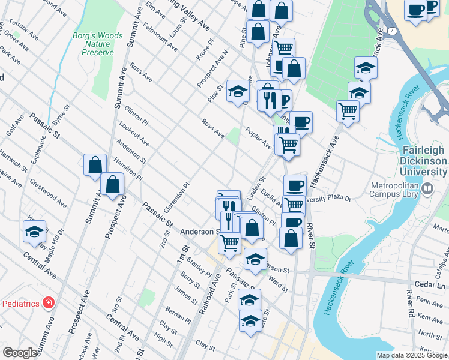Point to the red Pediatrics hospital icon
48,303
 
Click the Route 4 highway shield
391,31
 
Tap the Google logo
20,353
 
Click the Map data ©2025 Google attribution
411,355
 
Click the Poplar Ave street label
258,137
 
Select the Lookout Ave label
134,136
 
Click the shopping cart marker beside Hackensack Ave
348,111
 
